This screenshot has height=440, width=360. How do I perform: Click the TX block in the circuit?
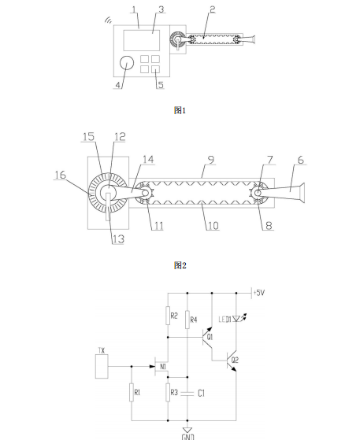tap(102, 367)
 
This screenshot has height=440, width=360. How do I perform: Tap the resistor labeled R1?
tap(132, 393)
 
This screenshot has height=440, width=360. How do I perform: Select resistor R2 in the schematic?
tap(168, 316)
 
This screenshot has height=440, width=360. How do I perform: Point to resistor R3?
tap(168, 393)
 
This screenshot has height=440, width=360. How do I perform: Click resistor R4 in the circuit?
tap(187, 320)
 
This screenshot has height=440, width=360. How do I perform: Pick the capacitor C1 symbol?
tap(187, 394)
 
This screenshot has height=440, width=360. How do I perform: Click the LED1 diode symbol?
tap(236, 319)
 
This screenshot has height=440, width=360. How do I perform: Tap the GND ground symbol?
tap(187, 430)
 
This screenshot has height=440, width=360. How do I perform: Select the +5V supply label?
tap(259, 293)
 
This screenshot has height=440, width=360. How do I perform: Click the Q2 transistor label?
tap(235, 360)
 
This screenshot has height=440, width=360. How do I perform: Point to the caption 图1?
tap(180, 110)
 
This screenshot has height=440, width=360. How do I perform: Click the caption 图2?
tap(180, 265)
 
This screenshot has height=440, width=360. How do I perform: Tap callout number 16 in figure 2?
tap(60, 175)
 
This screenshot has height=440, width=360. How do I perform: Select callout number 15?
tap(88, 137)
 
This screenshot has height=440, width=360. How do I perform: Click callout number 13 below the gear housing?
tap(118, 239)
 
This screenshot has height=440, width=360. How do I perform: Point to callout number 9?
tap(211, 160)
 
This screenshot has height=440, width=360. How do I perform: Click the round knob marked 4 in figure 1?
tap(127, 63)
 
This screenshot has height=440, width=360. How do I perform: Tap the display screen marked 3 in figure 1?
tap(142, 40)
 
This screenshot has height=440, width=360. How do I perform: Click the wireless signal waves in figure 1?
tap(108, 20)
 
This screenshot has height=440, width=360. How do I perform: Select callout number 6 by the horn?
tap(300, 160)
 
